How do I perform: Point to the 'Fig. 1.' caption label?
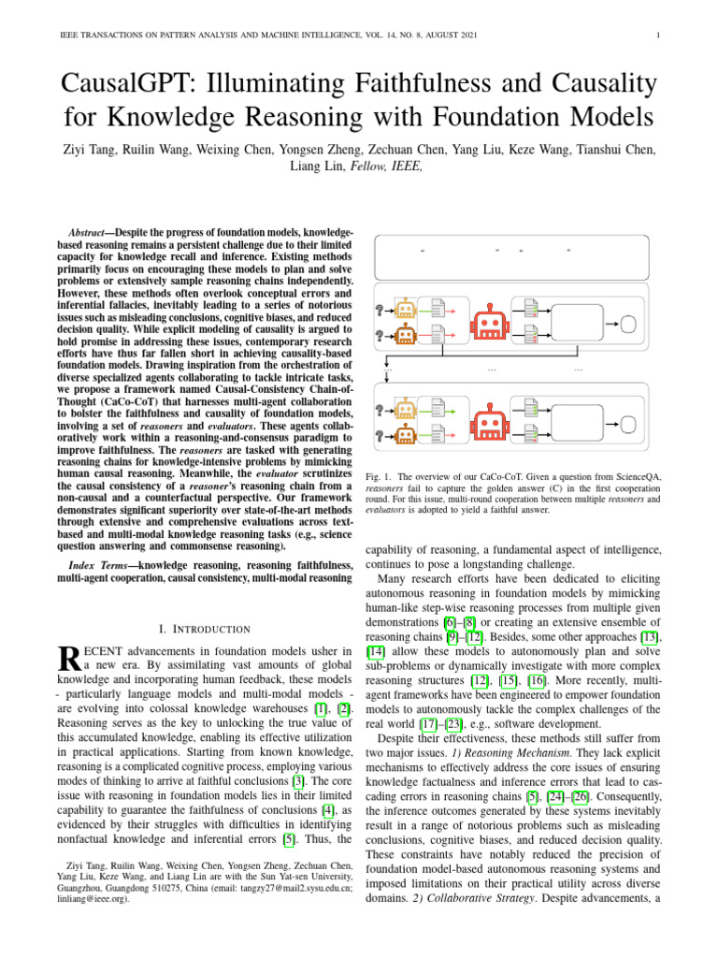tap(379, 476)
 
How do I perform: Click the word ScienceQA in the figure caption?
tap(637, 476)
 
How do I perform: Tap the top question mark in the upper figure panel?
tap(380, 310)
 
